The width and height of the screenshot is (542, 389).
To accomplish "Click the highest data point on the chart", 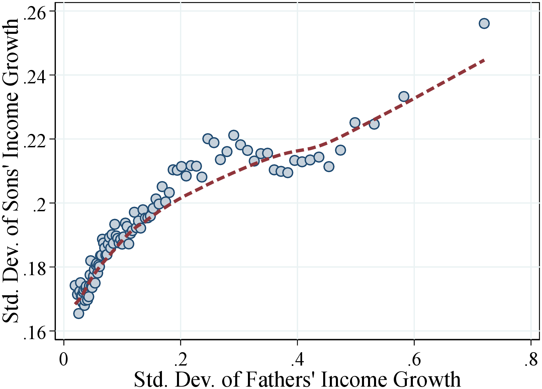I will tap(484, 23).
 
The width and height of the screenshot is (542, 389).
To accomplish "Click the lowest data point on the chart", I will tap(78, 313).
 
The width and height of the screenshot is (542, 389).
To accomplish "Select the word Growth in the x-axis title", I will tap(427, 379).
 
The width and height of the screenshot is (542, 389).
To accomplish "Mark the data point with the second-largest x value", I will tap(404, 97).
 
